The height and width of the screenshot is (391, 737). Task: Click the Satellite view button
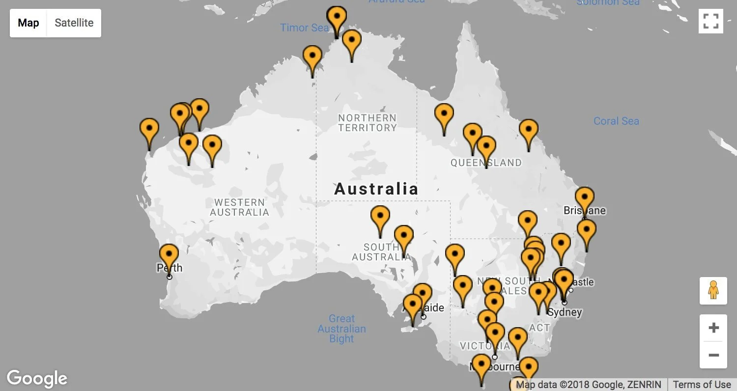tap(74, 23)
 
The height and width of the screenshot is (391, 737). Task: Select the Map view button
tap(28, 23)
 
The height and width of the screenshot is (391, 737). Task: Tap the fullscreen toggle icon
tap(710, 21)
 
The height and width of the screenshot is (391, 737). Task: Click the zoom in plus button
tap(713, 328)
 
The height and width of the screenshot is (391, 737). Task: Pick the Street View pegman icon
tap(713, 290)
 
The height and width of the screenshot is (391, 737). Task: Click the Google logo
tap(37, 378)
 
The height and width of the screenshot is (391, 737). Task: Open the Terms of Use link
tap(702, 385)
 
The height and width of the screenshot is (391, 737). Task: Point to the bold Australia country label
tap(376, 189)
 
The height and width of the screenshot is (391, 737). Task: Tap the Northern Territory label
tap(367, 123)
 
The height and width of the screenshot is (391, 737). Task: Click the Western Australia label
tap(239, 207)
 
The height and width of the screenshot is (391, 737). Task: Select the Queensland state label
tap(486, 163)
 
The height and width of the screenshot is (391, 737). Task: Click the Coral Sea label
tap(616, 121)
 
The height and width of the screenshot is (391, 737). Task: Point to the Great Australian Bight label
tap(341, 329)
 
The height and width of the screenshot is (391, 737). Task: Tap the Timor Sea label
tap(304, 28)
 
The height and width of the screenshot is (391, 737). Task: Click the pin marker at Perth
tap(169, 254)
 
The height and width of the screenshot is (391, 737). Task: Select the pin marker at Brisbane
tap(584, 197)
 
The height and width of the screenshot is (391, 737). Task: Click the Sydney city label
tap(565, 312)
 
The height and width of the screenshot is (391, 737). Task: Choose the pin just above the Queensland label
tap(486, 146)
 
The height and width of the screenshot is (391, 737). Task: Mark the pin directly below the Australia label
tap(380, 216)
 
